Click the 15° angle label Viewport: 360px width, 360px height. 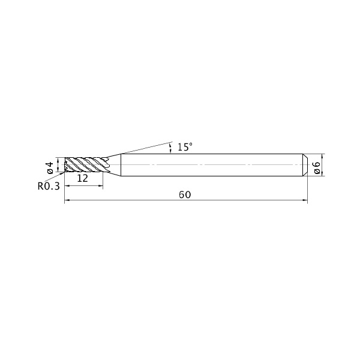click(185, 147)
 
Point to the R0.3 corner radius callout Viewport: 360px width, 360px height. click(49, 186)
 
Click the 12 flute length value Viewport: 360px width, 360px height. click(82, 178)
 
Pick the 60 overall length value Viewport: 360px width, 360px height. click(185, 194)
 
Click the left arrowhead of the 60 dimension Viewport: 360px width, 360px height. click(67, 200)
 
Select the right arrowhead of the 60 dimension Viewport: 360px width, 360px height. click(305, 200)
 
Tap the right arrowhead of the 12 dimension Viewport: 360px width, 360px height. click(101, 186)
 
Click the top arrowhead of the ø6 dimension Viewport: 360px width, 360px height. click(322, 156)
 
